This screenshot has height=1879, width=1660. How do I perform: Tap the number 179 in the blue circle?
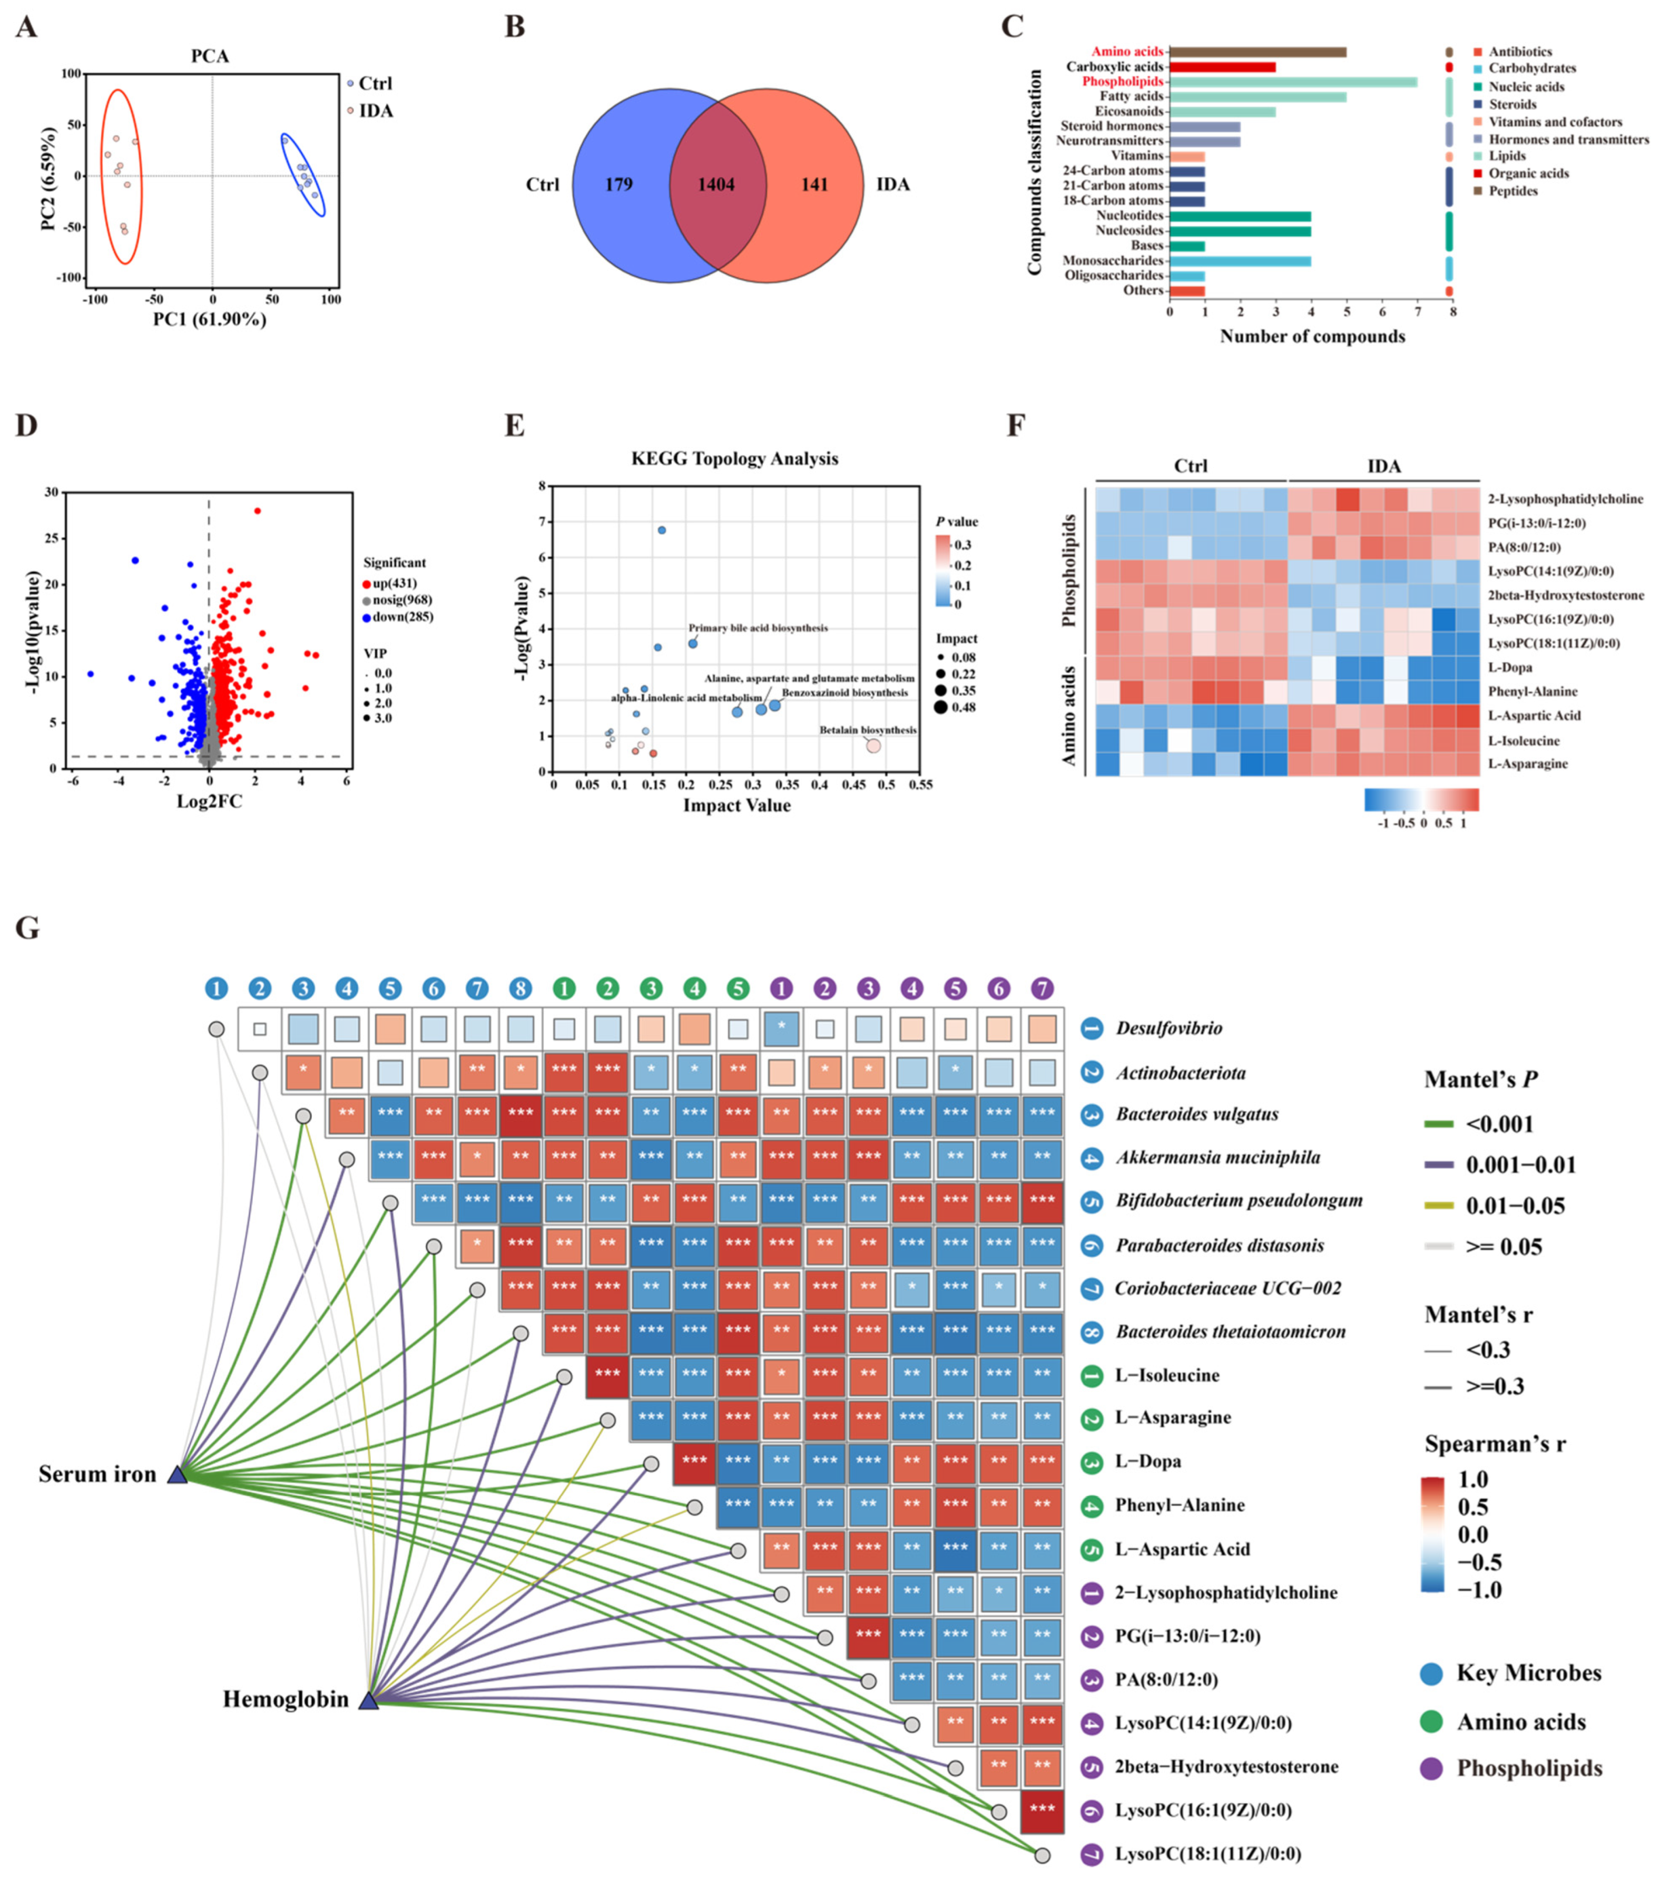tap(618, 185)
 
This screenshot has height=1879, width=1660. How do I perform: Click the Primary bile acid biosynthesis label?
tap(758, 628)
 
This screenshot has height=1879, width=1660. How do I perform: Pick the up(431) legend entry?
tap(394, 583)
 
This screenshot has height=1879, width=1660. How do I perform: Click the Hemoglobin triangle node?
tap(368, 1701)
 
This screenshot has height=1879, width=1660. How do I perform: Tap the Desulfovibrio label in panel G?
tap(1168, 1027)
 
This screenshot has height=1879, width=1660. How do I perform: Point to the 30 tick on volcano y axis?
tap(52, 493)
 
